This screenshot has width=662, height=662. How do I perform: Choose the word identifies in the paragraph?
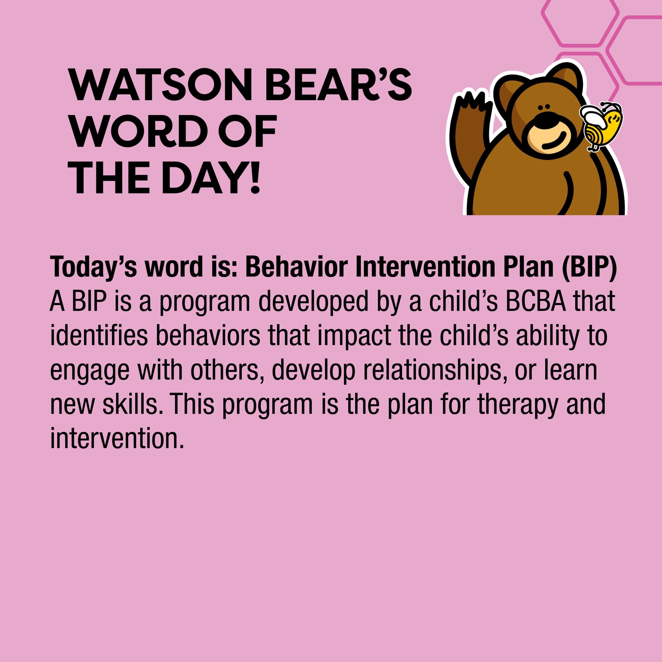coord(99,336)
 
